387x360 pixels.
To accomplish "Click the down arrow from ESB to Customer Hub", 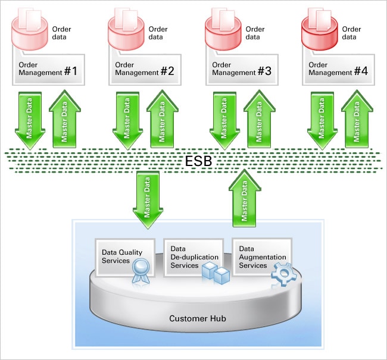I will coord(148,199).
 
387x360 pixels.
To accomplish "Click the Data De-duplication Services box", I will coord(193,256).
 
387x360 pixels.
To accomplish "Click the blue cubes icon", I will coord(215,273).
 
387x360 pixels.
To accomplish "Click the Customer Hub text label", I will coord(198,318).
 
